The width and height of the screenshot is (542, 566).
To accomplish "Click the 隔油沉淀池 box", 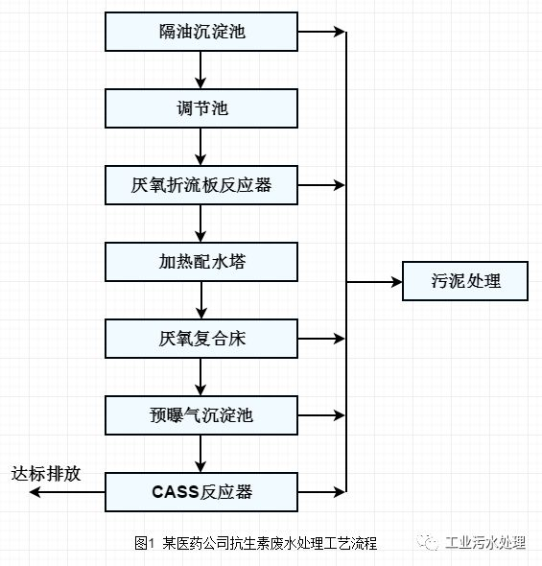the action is click(x=201, y=32).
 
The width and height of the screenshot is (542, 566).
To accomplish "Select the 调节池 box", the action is click(x=201, y=108).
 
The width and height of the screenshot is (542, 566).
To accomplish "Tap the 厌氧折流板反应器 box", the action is click(x=201, y=185).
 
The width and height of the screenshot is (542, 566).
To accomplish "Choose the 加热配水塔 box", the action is click(x=201, y=262).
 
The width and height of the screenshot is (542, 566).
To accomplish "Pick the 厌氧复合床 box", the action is click(x=201, y=339).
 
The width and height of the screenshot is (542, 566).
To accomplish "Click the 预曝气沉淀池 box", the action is click(x=201, y=415).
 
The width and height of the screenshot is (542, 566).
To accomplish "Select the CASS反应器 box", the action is click(x=201, y=492).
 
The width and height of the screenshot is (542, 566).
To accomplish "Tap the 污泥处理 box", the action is click(x=465, y=281).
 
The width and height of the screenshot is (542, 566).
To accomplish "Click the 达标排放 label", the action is click(x=45, y=474).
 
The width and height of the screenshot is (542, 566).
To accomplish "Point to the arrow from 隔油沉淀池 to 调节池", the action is click(x=200, y=70).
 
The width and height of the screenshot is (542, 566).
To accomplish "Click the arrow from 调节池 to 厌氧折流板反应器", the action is click(x=200, y=147).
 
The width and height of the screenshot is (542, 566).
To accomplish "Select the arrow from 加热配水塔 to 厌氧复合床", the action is click(x=201, y=300).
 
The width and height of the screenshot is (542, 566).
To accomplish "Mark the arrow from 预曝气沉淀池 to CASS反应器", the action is click(x=200, y=454).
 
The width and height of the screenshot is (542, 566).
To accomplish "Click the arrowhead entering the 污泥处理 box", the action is click(x=397, y=282).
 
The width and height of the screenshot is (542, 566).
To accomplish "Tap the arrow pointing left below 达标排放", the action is click(x=67, y=491).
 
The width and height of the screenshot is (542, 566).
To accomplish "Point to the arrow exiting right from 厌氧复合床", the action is click(x=321, y=339).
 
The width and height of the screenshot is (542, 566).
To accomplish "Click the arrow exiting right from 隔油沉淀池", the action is click(x=321, y=32).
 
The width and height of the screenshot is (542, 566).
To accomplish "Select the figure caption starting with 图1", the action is click(x=255, y=543).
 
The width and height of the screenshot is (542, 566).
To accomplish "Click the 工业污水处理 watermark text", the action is click(x=485, y=542).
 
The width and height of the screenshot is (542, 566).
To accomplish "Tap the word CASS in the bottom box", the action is click(x=176, y=492).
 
